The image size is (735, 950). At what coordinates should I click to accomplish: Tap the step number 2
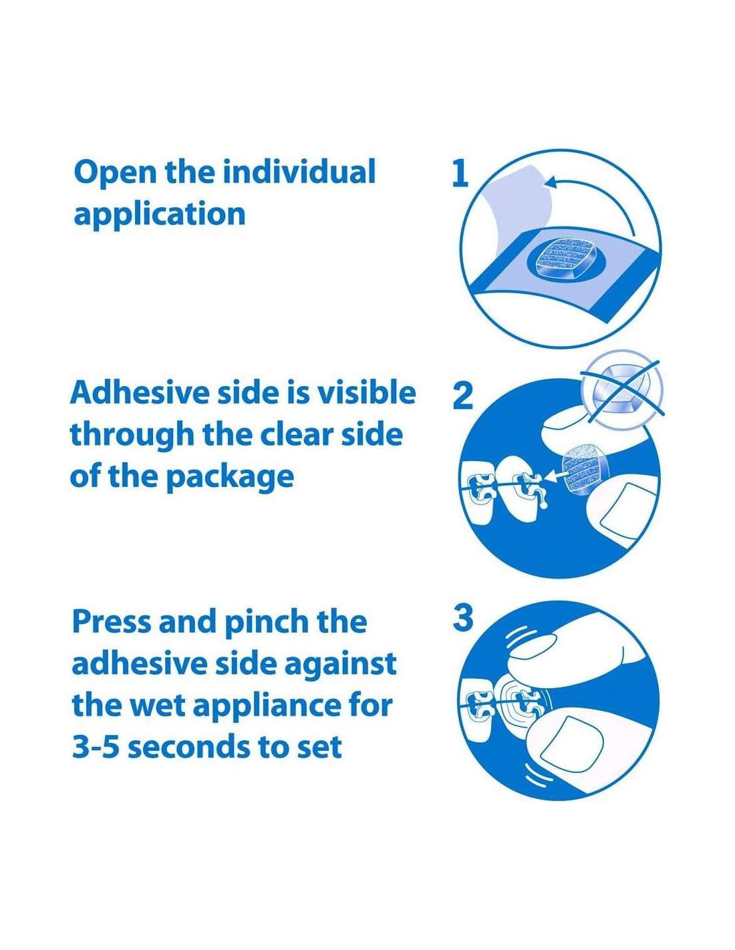(x=462, y=395)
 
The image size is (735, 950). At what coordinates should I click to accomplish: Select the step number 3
(x=463, y=617)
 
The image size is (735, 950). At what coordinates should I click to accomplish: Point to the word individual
(x=299, y=172)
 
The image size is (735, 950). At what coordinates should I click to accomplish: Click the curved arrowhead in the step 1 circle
(x=552, y=182)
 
